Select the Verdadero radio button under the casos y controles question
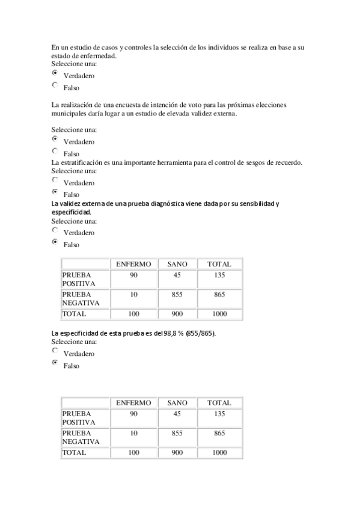click(x=55, y=73)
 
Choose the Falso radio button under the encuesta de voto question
click(x=55, y=152)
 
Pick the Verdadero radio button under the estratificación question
click(x=55, y=180)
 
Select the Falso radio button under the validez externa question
click(x=55, y=242)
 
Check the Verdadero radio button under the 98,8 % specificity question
click(x=55, y=350)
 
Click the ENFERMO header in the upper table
click(x=133, y=264)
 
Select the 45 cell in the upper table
click(x=177, y=275)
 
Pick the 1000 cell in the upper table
click(x=219, y=313)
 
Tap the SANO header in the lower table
click(x=177, y=403)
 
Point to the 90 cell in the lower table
click(x=133, y=414)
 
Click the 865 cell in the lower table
click(x=219, y=433)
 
